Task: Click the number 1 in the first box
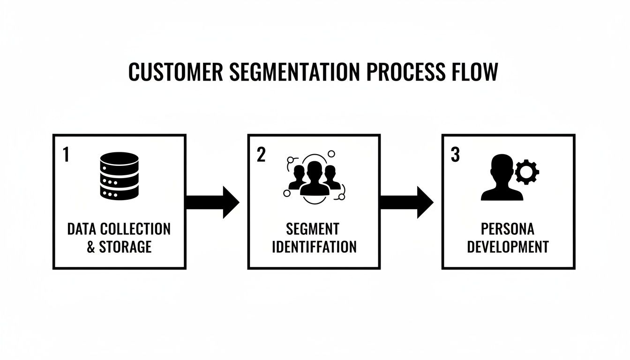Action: [66, 156]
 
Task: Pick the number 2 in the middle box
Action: [261, 155]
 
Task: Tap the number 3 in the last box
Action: [455, 155]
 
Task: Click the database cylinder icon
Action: [120, 176]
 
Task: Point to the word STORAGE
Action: [125, 247]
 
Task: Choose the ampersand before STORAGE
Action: [91, 247]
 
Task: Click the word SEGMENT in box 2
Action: [313, 229]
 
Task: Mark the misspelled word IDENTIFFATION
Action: [314, 247]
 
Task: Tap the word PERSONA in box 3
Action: [508, 229]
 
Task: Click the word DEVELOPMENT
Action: [508, 247]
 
